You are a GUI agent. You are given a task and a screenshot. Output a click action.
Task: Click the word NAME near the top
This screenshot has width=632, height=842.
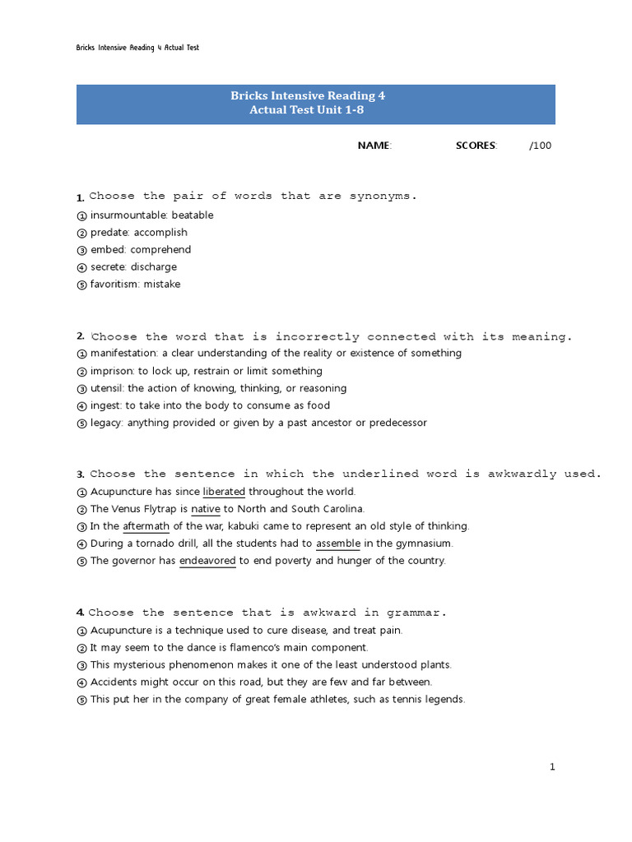pyautogui.click(x=374, y=146)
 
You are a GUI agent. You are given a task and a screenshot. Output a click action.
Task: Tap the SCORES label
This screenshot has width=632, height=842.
pyautogui.click(x=476, y=146)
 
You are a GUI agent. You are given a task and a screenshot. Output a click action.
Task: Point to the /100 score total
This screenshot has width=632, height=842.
pyautogui.click(x=541, y=146)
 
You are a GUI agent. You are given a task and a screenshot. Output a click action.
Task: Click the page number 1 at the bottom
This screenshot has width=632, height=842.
pyautogui.click(x=553, y=767)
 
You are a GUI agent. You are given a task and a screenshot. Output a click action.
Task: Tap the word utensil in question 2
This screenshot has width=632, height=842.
pyautogui.click(x=107, y=388)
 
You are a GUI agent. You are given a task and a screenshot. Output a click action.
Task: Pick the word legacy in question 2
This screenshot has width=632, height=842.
pyautogui.click(x=106, y=423)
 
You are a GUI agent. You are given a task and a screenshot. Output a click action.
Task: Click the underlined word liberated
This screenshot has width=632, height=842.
pyautogui.click(x=224, y=492)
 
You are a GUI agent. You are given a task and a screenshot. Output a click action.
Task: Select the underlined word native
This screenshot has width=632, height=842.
pyautogui.click(x=206, y=509)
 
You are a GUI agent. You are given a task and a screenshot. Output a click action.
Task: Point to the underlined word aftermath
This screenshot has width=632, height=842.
pyautogui.click(x=146, y=526)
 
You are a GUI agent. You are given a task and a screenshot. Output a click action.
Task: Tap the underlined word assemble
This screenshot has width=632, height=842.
pyautogui.click(x=338, y=544)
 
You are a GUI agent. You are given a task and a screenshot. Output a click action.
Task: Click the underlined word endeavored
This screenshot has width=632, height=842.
pyautogui.click(x=207, y=561)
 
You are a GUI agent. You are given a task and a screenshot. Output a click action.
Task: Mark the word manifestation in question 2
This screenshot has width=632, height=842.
pyautogui.click(x=124, y=354)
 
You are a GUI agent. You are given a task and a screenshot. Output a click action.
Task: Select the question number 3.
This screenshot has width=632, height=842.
pyautogui.click(x=81, y=474)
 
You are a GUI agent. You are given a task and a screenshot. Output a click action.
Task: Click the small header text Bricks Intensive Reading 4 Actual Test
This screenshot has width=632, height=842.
pyautogui.click(x=137, y=48)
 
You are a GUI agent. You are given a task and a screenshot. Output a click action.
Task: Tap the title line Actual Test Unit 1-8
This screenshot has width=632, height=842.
pyautogui.click(x=308, y=110)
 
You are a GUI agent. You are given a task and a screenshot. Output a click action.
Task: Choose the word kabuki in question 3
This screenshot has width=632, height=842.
pyautogui.click(x=249, y=526)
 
